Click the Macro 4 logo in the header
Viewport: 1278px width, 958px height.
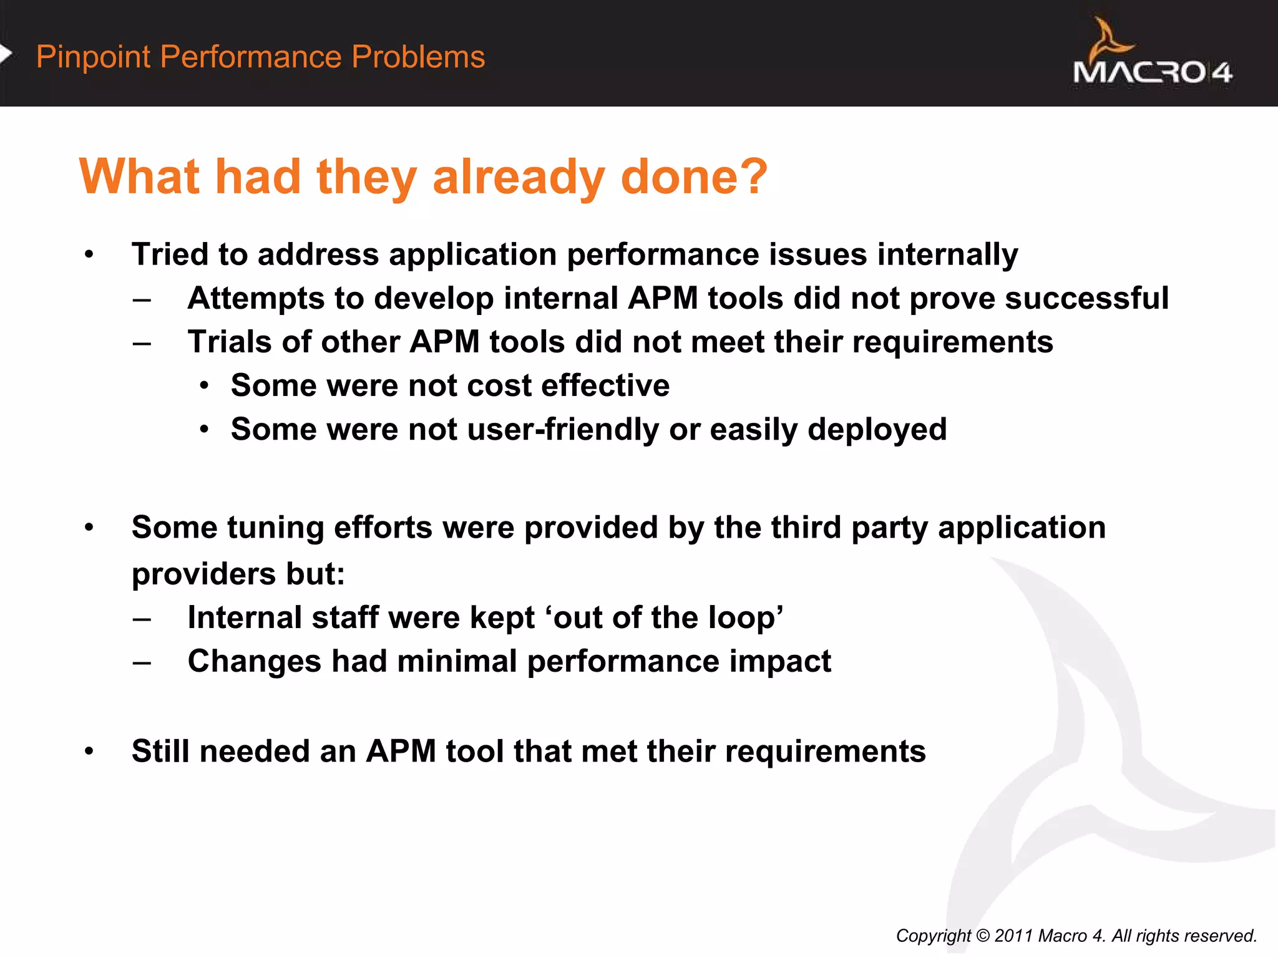point(1152,56)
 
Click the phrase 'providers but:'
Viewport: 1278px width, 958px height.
point(238,574)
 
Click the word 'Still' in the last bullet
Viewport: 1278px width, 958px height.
point(160,751)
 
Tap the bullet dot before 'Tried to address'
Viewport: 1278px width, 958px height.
point(89,255)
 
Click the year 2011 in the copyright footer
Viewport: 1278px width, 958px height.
point(1013,936)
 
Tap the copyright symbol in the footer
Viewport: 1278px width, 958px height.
point(982,936)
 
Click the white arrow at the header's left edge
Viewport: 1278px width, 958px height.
point(6,54)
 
